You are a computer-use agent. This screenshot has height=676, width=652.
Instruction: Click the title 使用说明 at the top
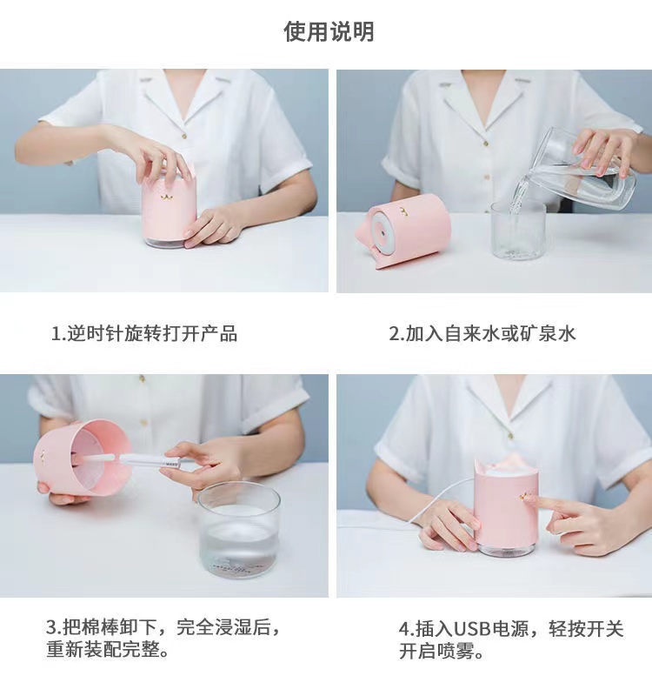point(329,32)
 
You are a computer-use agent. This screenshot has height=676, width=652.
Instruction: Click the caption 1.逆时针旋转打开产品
point(143,334)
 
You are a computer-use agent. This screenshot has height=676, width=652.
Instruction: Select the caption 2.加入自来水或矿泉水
point(482,334)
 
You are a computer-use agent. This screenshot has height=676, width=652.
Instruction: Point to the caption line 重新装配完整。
point(108,650)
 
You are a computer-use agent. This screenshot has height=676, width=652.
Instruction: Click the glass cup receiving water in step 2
point(517,231)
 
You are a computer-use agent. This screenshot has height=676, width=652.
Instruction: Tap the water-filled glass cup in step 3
point(239,531)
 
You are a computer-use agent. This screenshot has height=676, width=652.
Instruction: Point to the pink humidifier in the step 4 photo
point(505,509)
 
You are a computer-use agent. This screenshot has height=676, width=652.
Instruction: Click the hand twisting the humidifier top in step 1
point(156,157)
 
